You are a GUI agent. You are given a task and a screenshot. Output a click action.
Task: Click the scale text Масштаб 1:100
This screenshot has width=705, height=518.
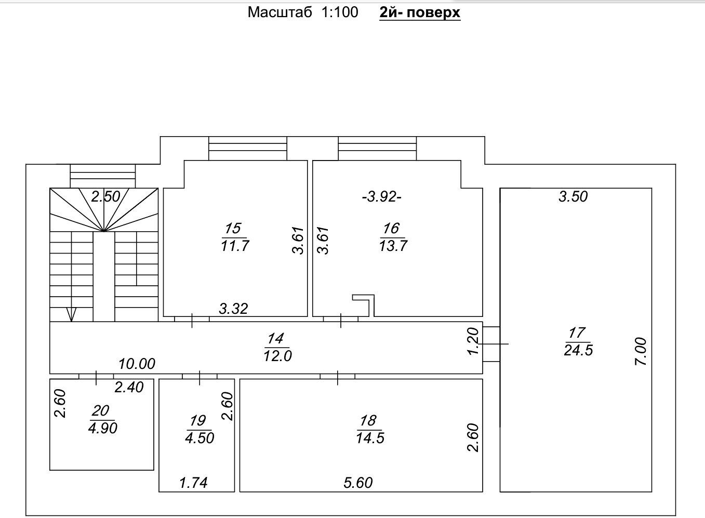(x=303, y=12)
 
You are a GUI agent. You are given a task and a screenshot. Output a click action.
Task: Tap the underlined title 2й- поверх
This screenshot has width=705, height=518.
(x=420, y=13)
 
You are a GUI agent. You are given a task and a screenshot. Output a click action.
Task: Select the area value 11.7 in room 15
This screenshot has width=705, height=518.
(x=235, y=246)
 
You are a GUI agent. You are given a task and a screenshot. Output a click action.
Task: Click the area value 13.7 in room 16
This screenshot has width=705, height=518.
(x=393, y=246)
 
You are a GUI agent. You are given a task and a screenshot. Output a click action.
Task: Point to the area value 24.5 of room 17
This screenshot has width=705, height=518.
(x=578, y=350)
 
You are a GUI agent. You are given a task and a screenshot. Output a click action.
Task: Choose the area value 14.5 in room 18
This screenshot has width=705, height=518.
(x=370, y=438)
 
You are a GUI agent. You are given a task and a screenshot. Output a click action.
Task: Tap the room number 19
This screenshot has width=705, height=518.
(x=198, y=421)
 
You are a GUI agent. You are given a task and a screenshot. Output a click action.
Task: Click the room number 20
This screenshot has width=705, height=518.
(x=101, y=410)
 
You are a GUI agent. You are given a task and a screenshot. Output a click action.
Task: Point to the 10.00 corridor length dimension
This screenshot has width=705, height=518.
(x=137, y=364)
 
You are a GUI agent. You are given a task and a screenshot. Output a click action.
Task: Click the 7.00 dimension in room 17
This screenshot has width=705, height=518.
(x=641, y=352)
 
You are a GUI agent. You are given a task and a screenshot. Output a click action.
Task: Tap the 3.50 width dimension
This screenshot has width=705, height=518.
(x=573, y=197)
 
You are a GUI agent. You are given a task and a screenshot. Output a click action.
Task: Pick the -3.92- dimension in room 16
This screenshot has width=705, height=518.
(x=382, y=197)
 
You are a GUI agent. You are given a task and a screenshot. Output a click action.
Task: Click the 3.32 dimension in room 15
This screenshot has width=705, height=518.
(x=234, y=309)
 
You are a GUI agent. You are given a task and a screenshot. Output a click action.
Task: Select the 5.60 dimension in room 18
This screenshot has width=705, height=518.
(x=358, y=483)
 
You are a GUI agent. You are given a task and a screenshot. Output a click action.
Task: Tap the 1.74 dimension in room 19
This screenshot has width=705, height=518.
(x=193, y=483)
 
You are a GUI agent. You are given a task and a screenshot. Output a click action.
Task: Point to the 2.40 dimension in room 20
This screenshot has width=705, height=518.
(x=129, y=387)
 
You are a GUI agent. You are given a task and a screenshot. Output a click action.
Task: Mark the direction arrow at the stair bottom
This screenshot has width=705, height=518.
(x=72, y=314)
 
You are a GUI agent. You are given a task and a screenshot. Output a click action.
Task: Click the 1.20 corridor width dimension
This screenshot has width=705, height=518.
(x=473, y=341)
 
